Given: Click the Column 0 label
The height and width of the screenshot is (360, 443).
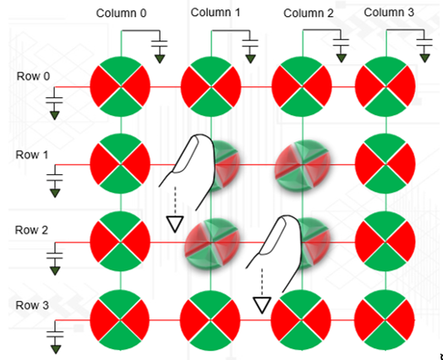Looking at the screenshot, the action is point(121,14).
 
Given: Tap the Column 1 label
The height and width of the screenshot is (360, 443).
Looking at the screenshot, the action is point(216,13).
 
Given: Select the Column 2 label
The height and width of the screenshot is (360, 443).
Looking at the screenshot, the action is point(309,14).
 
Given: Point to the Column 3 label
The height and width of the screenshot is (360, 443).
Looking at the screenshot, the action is point(389,13).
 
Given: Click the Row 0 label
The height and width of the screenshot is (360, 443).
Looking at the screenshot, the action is point(33,76).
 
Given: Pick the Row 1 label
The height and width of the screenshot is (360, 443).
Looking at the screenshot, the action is point(32,155).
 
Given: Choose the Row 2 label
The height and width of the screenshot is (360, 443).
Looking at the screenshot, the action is point(31,230).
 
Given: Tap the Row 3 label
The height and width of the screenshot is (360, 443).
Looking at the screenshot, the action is point(32,305).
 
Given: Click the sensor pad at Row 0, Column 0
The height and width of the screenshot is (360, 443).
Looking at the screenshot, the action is point(120,86).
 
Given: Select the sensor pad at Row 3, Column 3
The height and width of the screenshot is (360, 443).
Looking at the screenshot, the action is point(385,320).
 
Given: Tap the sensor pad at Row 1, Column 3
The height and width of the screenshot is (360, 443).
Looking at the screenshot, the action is point(385,164).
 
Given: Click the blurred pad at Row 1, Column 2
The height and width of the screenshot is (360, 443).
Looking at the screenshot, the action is point(303,165).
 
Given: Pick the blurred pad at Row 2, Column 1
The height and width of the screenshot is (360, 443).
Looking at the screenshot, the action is point(212,243).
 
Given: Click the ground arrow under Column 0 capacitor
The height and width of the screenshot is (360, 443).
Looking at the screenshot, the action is point(160,59).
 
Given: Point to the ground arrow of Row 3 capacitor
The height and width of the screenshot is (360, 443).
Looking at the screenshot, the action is point(56,349).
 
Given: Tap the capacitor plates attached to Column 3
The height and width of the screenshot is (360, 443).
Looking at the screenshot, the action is point(424,41).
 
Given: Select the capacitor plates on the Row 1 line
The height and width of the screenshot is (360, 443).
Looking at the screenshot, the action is point(55,177).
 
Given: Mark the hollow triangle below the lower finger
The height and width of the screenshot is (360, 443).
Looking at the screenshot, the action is point(262,305).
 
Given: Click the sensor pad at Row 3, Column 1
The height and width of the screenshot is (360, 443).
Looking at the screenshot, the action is point(211,320).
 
